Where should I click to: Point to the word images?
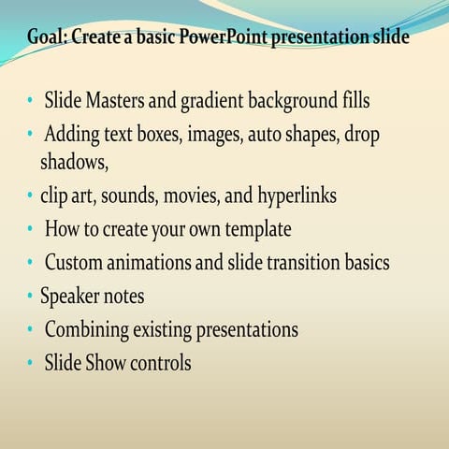214,134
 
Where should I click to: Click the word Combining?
90,329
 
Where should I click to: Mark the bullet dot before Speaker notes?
30,297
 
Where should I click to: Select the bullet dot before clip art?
30,196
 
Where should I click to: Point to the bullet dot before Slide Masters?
30,99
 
